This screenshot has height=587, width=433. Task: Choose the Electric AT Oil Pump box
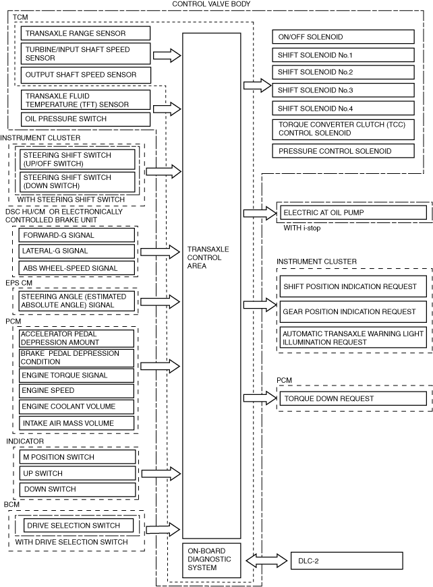[353, 213]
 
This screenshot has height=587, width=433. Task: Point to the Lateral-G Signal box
[76, 251]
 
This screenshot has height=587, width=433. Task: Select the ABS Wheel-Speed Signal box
[76, 268]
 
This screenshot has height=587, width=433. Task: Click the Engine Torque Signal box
[76, 375]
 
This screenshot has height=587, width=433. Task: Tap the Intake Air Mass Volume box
[76, 423]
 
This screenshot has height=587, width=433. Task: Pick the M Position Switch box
[76, 457]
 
